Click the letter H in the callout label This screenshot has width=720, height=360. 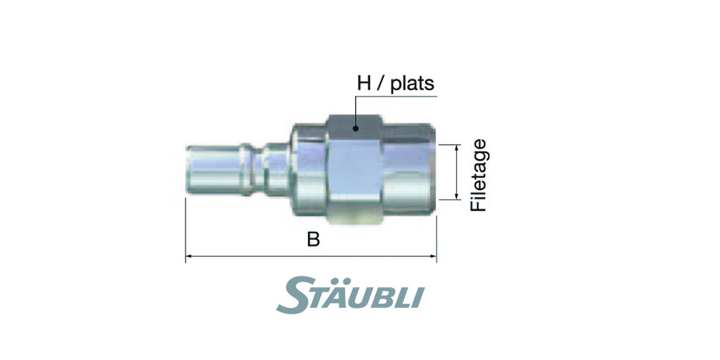363,84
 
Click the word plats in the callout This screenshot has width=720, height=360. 412,84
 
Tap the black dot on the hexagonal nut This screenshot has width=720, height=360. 355,129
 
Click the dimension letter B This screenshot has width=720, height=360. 313,239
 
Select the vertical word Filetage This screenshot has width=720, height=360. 478,175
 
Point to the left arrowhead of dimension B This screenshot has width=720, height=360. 189,257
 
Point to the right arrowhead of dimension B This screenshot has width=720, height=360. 433,257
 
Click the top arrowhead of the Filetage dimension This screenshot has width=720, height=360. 457,147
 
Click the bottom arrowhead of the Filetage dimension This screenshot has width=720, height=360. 457,196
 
